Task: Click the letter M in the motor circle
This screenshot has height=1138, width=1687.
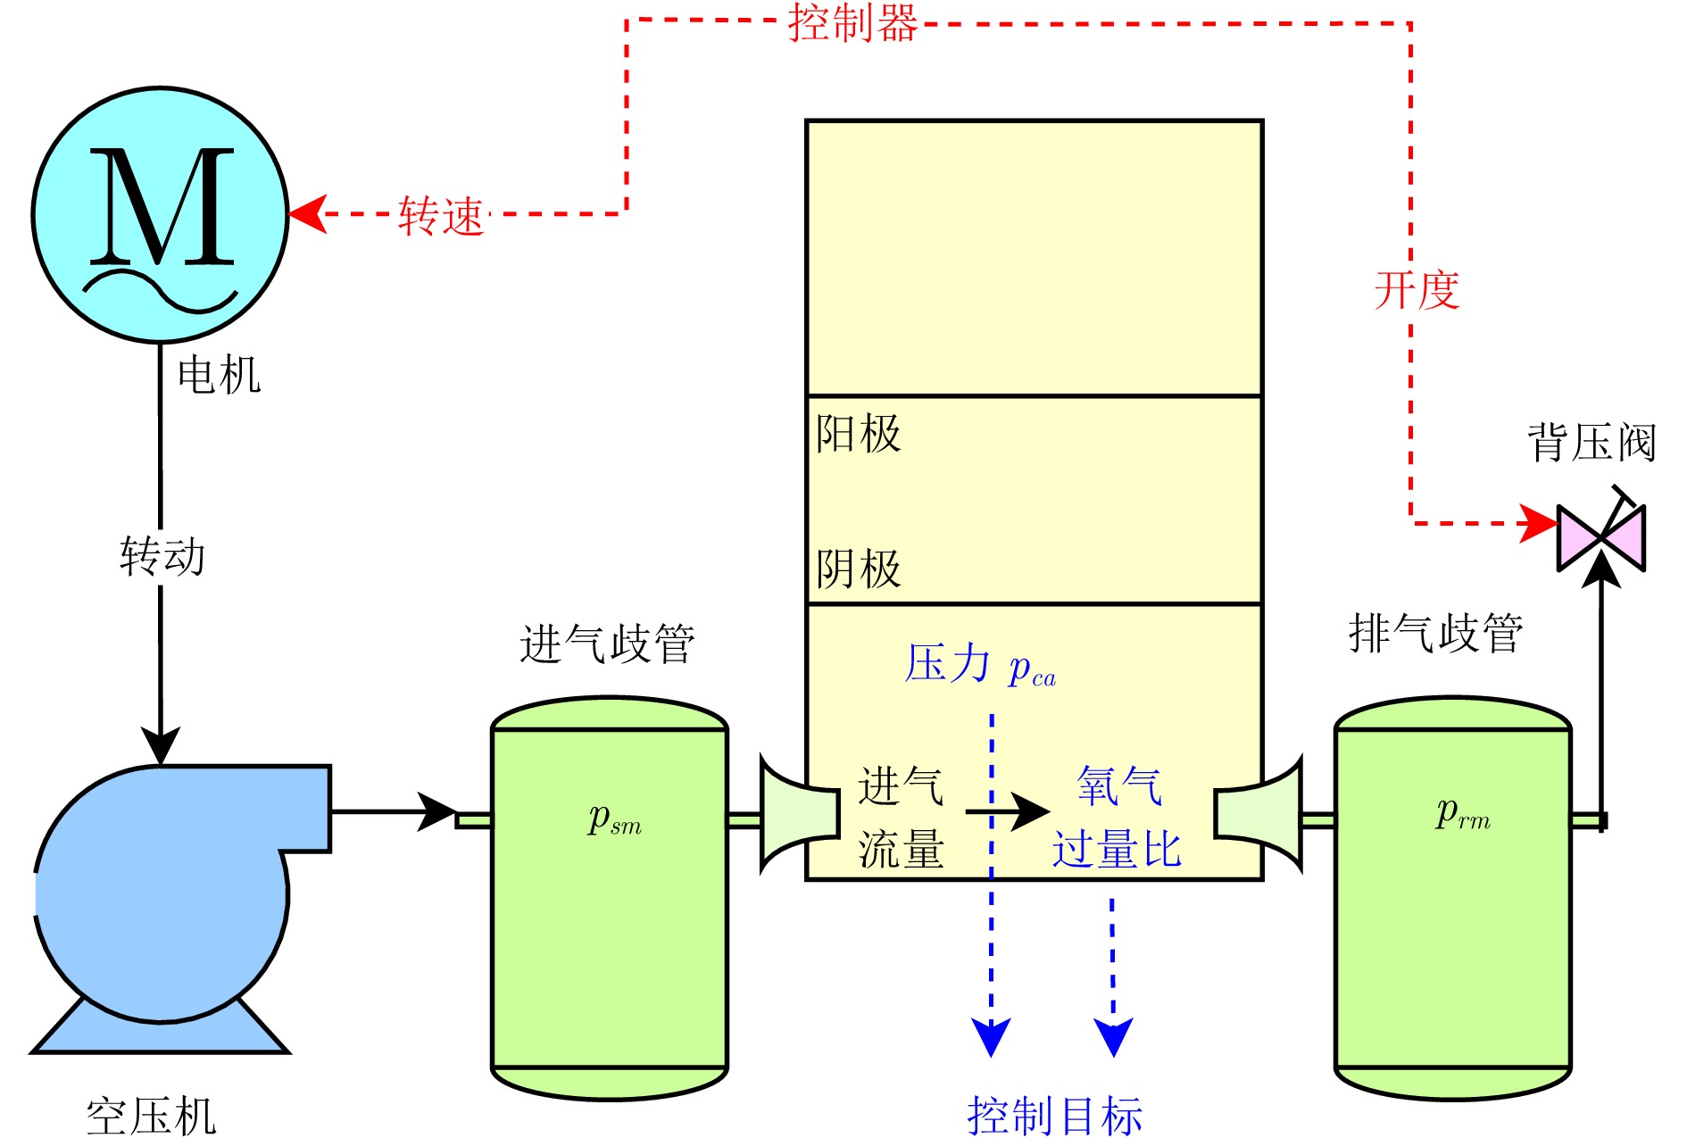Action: click(162, 207)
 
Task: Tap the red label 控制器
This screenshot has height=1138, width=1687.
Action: click(852, 23)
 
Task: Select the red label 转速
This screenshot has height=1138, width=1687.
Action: click(441, 216)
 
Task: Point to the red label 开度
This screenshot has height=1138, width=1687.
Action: click(1417, 290)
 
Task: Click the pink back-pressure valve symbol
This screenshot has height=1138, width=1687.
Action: click(1600, 537)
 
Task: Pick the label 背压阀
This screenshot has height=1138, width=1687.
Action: click(1591, 443)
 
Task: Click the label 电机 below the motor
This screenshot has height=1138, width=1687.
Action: click(219, 375)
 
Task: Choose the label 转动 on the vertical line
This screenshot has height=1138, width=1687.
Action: click(162, 556)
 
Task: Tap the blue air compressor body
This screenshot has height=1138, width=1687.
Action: click(161, 893)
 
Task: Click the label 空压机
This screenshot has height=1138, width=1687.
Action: click(152, 1116)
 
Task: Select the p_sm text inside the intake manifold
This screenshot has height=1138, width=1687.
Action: click(614, 818)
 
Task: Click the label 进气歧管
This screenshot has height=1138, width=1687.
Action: click(607, 644)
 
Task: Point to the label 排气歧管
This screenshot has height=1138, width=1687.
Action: click(1435, 634)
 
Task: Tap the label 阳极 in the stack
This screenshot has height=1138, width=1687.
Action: click(858, 434)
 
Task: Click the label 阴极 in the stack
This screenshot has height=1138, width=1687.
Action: click(858, 569)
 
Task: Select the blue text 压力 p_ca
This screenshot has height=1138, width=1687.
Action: click(980, 666)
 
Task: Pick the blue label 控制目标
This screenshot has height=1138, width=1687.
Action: click(1054, 1116)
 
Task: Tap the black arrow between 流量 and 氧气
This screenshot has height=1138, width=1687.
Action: click(1009, 811)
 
